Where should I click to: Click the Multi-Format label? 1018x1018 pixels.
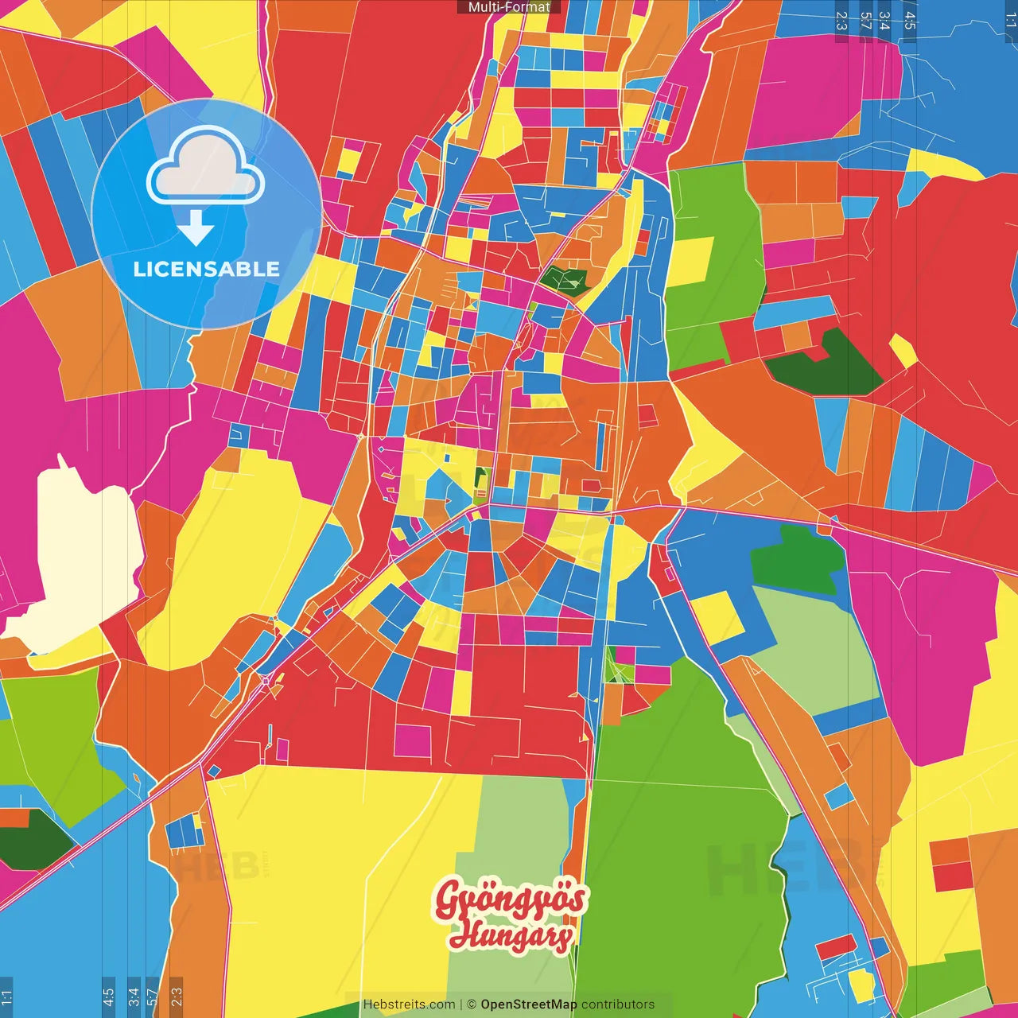pyautogui.click(x=509, y=7)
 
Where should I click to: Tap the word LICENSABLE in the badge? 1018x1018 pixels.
pyautogui.click(x=206, y=269)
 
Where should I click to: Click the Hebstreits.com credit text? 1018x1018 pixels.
pyautogui.click(x=409, y=1004)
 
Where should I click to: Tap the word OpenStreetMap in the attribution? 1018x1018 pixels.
pyautogui.click(x=528, y=1004)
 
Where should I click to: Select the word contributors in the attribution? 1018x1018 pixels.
pyautogui.click(x=618, y=1004)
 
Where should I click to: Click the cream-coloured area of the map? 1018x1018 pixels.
pyautogui.click(x=80, y=549)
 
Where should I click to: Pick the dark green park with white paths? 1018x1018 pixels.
pyautogui.click(x=565, y=279)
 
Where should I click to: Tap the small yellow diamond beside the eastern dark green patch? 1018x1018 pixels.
pyautogui.click(x=903, y=350)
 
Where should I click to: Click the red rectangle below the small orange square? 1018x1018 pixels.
pyautogui.click(x=953, y=876)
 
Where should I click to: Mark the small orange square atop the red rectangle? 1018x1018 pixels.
pyautogui.click(x=948, y=851)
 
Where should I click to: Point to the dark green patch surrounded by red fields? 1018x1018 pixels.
pyautogui.click(x=827, y=366)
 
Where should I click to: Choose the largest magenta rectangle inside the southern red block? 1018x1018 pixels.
pyautogui.click(x=413, y=740)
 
